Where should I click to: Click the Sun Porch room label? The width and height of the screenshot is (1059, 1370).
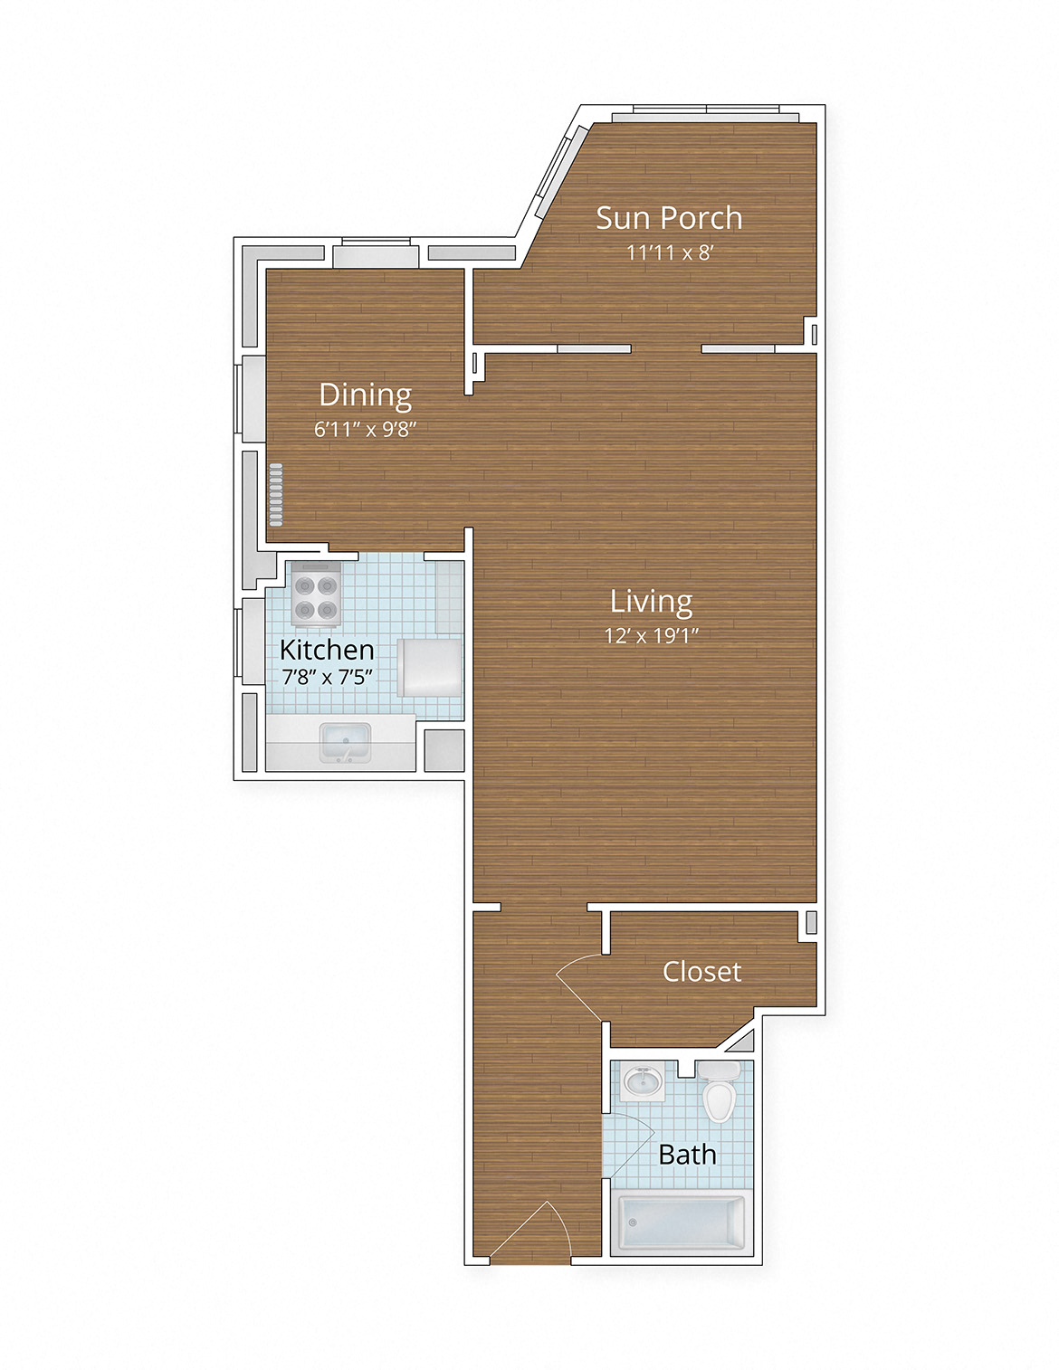pos(669,218)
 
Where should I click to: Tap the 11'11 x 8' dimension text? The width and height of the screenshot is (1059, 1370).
pos(669,252)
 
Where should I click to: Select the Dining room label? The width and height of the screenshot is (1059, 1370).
pos(365,395)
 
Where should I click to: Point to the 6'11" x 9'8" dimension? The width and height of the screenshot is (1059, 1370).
pos(365,429)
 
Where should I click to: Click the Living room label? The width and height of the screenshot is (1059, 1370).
pos(651,602)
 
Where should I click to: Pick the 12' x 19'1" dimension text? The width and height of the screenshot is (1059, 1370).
pos(651,635)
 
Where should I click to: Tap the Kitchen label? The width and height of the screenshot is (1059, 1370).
pos(327,650)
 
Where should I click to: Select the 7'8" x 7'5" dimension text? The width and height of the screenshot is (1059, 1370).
pos(327,677)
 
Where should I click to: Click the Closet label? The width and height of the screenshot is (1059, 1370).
pos(701,972)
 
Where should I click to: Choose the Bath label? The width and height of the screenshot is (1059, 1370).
pos(687,1155)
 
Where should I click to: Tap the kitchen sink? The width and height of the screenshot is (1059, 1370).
pos(345,744)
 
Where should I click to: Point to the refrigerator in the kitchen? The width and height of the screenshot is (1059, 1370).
pos(431,668)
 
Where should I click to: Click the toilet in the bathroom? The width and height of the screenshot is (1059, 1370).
pos(719,1092)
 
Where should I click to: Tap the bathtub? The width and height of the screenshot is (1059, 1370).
pos(682,1223)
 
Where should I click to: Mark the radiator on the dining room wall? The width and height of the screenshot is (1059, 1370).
pos(275,495)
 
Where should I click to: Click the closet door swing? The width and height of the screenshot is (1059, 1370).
pos(579,986)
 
